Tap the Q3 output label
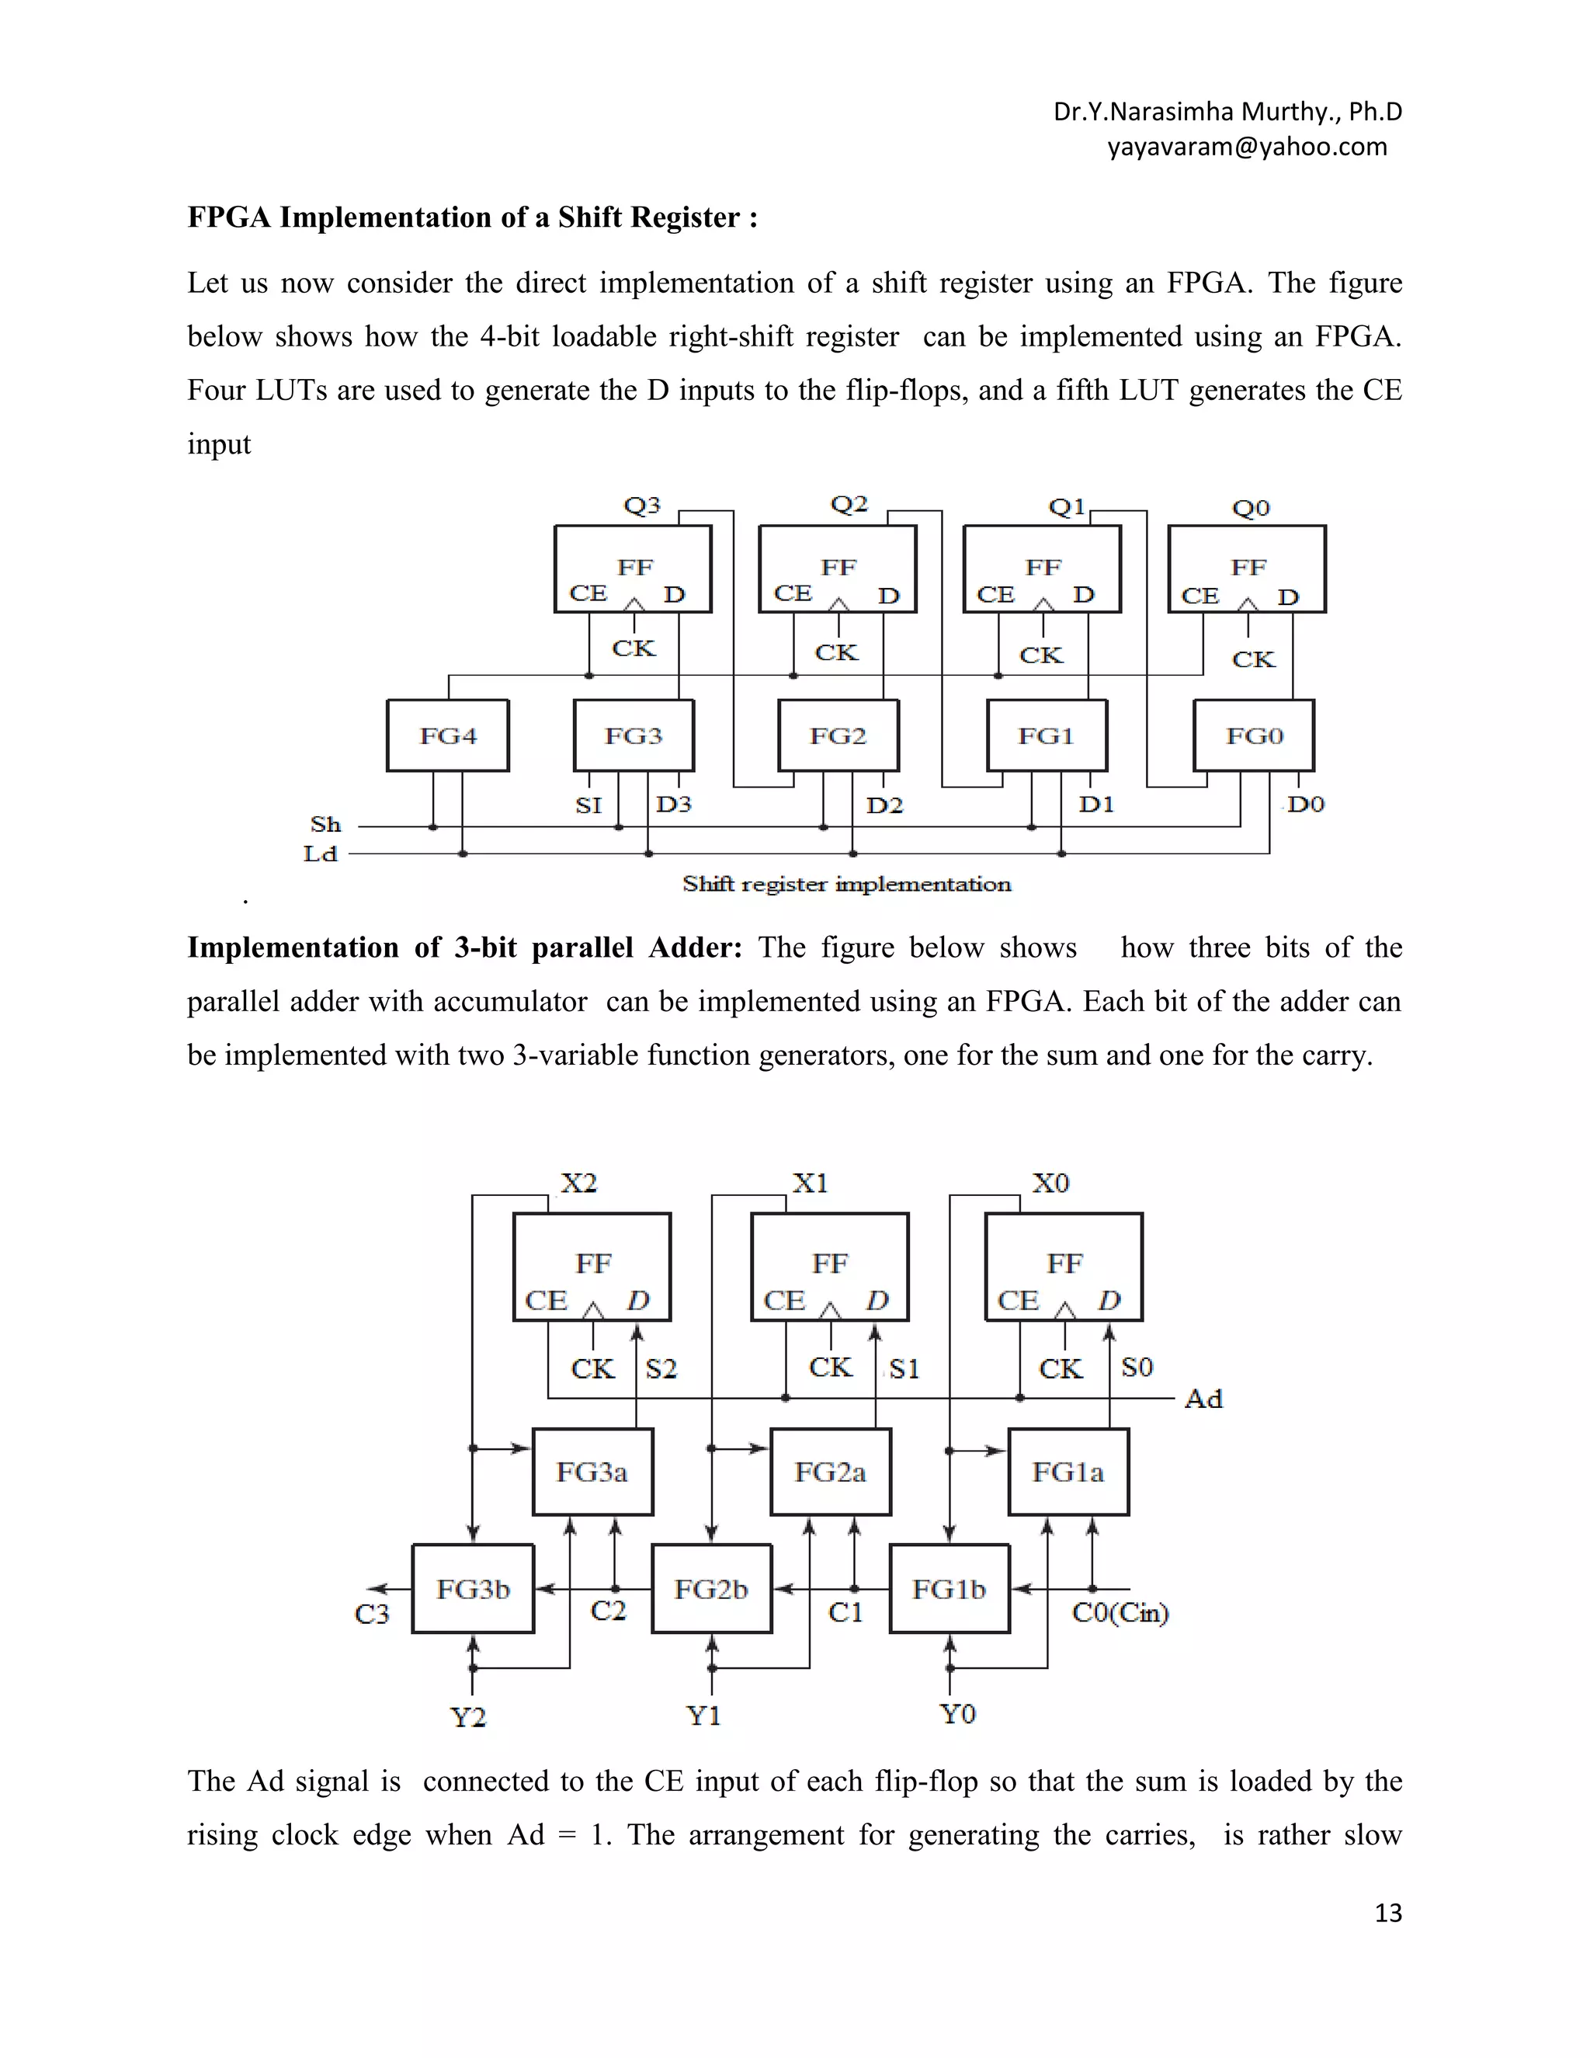click(642, 506)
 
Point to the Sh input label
click(326, 825)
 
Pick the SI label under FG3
click(588, 805)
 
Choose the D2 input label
click(884, 805)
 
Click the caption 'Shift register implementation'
click(847, 884)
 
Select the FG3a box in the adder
click(592, 1472)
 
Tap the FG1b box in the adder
click(949, 1589)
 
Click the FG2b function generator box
click(711, 1589)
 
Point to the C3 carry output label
click(371, 1615)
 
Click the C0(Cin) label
click(1120, 1613)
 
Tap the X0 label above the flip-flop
click(1050, 1183)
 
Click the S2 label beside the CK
click(661, 1368)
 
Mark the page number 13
click(1388, 1914)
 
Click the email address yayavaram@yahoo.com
click(1247, 147)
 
